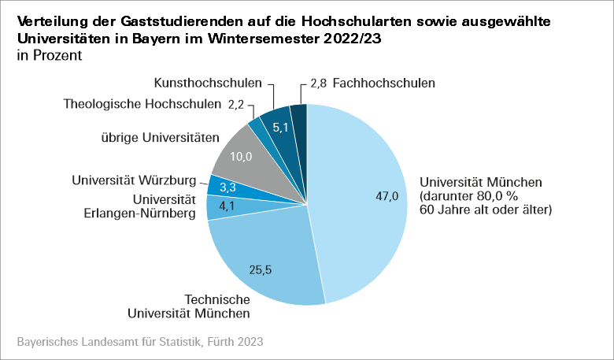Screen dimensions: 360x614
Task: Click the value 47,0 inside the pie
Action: click(386, 197)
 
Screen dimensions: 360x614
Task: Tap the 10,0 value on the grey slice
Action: click(241, 157)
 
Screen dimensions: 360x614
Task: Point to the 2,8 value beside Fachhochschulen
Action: click(319, 83)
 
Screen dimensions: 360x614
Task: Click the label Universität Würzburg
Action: click(134, 179)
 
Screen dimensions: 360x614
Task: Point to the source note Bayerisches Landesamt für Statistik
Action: click(139, 343)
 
